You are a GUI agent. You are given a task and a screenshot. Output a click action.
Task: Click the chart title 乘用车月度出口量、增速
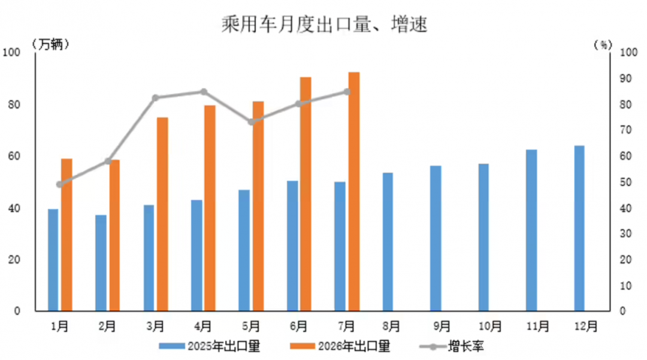[324, 24]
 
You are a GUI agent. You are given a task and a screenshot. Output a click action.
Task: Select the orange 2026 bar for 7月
[354, 191]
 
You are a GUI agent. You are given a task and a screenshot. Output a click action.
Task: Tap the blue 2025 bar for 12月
[579, 228]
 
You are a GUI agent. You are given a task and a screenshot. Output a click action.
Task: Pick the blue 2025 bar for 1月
[53, 260]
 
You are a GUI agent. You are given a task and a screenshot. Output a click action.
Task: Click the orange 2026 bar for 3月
[162, 214]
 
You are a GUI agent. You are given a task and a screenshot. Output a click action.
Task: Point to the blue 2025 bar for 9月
[436, 238]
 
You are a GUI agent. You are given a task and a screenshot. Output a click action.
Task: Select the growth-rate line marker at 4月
[204, 92]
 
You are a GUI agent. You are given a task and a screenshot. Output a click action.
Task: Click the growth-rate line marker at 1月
[60, 184]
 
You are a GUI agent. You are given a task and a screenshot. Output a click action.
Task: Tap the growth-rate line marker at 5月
[252, 122]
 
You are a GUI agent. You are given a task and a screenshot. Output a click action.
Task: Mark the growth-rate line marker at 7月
[347, 92]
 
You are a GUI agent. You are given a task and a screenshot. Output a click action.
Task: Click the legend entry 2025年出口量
[210, 346]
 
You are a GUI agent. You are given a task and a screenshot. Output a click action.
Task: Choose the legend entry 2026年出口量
[340, 346]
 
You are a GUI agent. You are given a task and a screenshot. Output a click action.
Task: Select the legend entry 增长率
[452, 346]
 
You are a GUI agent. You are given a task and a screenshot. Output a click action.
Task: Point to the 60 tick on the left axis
[14, 156]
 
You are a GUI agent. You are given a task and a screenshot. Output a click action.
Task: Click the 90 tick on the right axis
[626, 78]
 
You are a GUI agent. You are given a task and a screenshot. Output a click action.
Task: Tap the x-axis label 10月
[490, 326]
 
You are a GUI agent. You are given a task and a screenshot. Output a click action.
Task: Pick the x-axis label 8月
[391, 326]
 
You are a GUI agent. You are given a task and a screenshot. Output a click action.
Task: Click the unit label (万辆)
[50, 44]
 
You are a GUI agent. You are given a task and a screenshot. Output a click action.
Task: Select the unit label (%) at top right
[603, 44]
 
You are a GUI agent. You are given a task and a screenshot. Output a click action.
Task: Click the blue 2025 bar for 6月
[292, 246]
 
